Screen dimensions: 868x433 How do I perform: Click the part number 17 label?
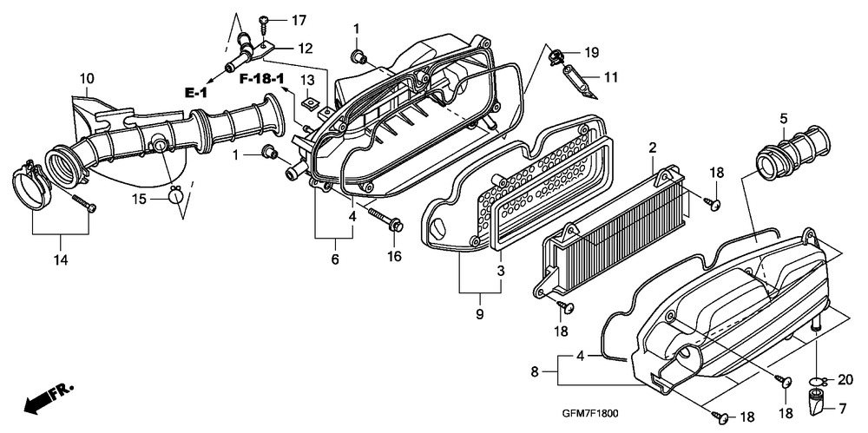tap(299, 21)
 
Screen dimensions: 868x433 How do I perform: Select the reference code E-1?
tap(196, 93)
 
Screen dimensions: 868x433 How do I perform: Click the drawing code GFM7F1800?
tap(590, 414)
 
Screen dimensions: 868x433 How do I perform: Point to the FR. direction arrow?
tap(49, 397)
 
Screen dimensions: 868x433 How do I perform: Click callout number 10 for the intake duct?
tap(86, 78)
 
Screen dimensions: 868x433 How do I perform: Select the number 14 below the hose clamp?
tap(61, 259)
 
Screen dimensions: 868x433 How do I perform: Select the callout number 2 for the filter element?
tap(653, 148)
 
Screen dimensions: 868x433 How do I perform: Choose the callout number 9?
tap(479, 314)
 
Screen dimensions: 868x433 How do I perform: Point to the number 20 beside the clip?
tap(845, 380)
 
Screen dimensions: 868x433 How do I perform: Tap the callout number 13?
tap(307, 79)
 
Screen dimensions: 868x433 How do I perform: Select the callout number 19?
tap(592, 53)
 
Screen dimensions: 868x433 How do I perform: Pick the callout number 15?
tap(140, 198)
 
